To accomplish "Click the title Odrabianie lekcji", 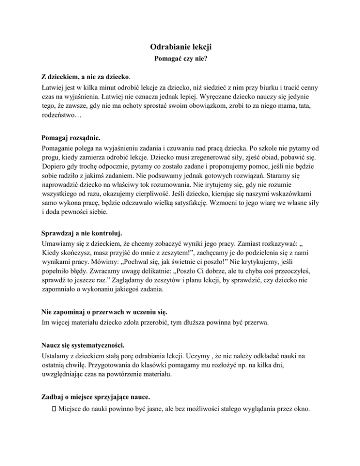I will tap(180, 47).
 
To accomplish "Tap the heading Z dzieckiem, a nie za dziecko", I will tap(85, 75).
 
